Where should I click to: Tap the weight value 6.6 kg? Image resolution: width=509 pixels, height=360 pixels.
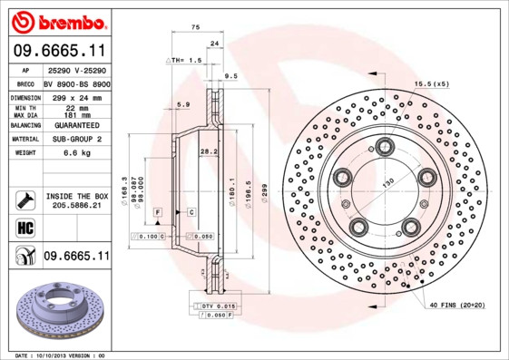click(x=74, y=153)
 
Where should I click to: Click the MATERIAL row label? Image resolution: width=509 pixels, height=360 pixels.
click(x=24, y=140)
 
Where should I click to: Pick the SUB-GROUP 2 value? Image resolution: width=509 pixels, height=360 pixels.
click(x=76, y=140)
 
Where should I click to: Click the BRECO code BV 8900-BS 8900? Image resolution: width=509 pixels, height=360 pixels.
click(x=77, y=83)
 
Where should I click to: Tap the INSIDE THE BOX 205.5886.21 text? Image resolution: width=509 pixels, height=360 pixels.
click(x=77, y=201)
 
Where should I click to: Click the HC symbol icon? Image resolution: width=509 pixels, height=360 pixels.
click(x=24, y=227)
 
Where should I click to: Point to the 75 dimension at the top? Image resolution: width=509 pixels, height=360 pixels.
click(x=195, y=27)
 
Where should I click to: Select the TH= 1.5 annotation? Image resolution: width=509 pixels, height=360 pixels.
click(x=186, y=60)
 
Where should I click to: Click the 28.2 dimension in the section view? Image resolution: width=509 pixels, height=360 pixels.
click(x=206, y=151)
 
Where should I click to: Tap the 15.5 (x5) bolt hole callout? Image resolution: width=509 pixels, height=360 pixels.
click(x=432, y=83)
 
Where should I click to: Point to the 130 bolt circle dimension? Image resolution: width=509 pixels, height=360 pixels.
click(x=390, y=184)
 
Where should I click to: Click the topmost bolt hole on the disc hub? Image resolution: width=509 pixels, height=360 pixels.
click(x=386, y=145)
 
